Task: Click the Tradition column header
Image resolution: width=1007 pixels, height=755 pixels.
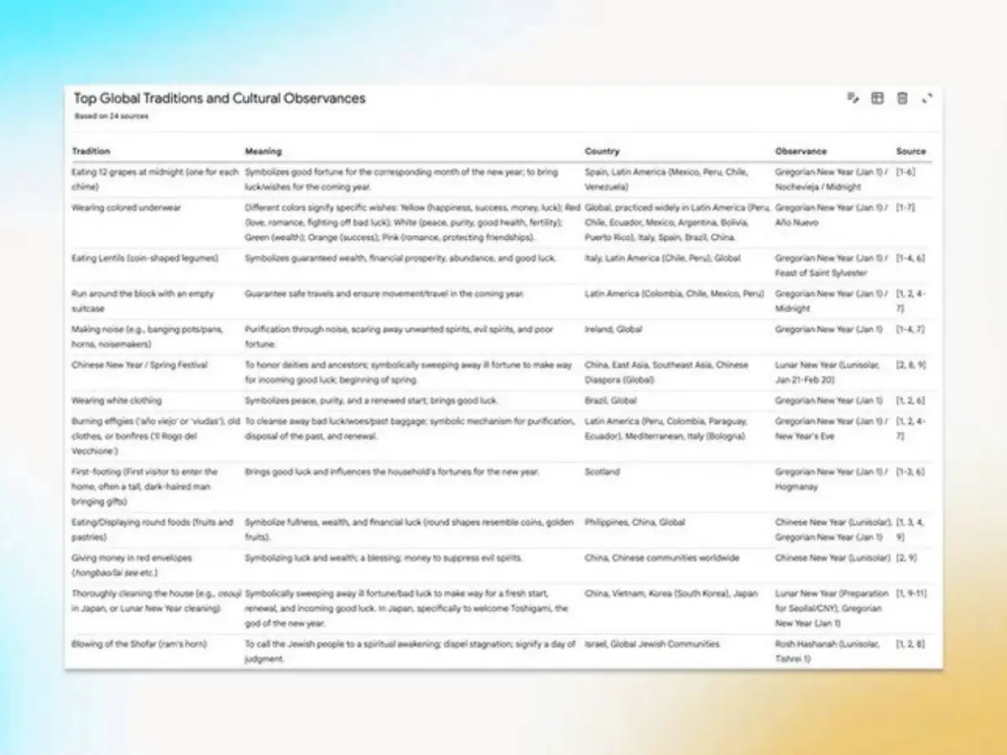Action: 91,152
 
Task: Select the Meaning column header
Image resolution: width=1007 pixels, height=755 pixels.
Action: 263,152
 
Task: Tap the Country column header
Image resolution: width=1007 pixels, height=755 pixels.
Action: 602,152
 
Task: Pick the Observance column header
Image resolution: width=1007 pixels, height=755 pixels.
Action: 801,152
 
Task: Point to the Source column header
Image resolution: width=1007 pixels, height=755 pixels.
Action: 910,152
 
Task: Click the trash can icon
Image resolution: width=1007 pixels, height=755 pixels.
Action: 902,99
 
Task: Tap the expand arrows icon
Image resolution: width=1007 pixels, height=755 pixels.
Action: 927,99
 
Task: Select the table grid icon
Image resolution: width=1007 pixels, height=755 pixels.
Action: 877,99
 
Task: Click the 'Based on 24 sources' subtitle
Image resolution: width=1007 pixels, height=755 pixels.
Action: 112,117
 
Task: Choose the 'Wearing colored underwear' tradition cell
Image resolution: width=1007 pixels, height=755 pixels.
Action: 126,207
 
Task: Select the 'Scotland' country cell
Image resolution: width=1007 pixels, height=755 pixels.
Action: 602,472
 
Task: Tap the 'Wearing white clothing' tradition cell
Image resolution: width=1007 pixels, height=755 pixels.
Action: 117,401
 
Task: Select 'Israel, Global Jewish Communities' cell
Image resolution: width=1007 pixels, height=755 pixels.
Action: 652,644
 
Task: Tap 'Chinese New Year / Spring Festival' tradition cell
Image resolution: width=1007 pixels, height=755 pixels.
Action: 139,366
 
